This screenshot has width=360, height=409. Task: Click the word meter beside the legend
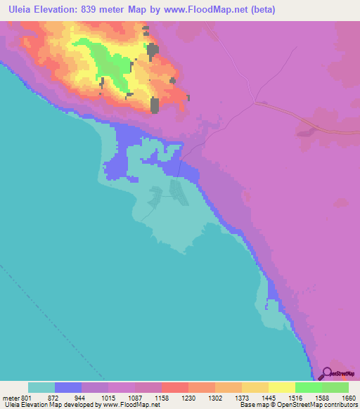point(8,397)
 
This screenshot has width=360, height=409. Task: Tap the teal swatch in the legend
point(41,387)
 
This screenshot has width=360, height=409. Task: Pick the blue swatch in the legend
point(67,387)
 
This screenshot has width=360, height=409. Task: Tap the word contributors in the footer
point(340,405)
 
